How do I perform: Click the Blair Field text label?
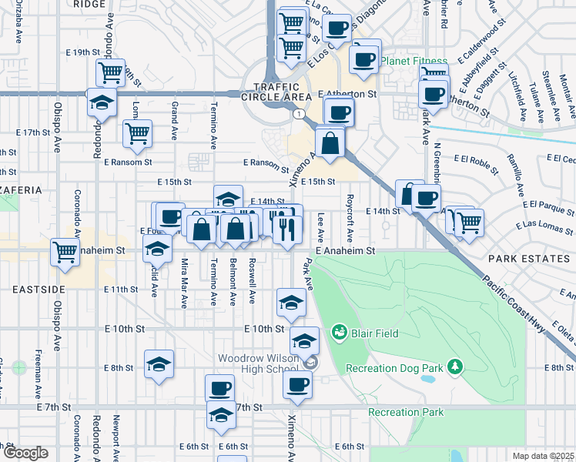[372, 333]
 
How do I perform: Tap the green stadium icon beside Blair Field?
[338, 333]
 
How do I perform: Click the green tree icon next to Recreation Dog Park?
[455, 366]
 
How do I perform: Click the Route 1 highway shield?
[297, 113]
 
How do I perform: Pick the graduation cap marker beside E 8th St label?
[159, 363]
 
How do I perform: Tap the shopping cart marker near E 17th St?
[138, 132]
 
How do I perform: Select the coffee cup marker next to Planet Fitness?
[365, 58]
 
